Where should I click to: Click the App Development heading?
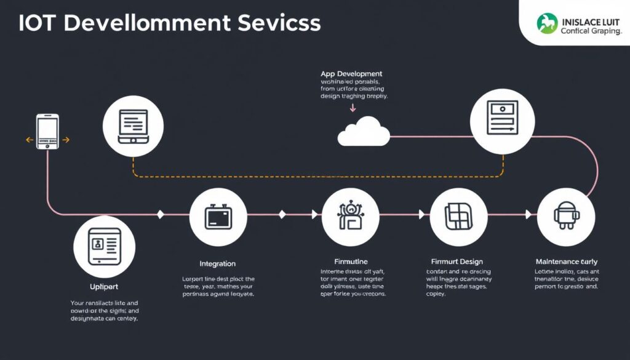[351, 74]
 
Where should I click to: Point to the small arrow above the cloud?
[353, 108]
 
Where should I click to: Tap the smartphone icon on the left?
[47, 130]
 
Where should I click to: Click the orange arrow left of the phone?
[28, 140]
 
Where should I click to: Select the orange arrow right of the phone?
[66, 140]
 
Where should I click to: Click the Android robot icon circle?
[565, 214]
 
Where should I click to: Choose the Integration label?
[218, 263]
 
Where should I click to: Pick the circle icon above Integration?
[218, 217]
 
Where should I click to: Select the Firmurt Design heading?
[457, 261]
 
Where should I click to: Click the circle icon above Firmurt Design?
[458, 216]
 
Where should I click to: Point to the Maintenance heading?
[566, 262]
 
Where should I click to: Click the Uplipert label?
[103, 287]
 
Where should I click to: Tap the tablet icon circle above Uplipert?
[104, 246]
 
